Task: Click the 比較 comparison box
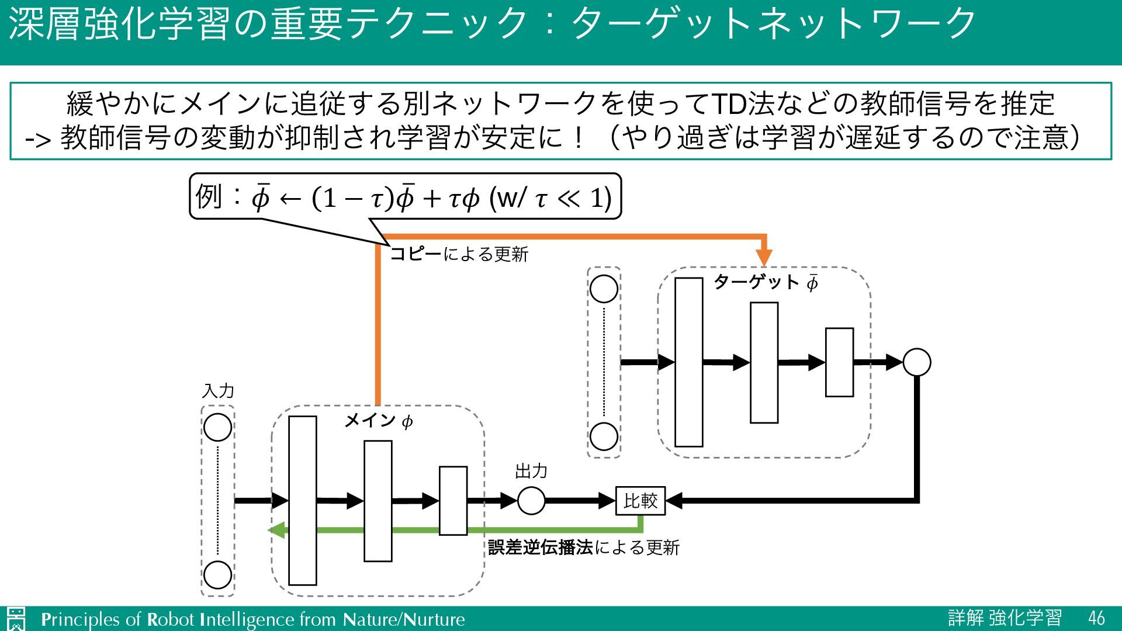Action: click(x=640, y=501)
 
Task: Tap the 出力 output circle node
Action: click(x=531, y=501)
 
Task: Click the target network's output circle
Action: click(x=916, y=362)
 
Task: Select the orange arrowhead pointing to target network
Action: click(x=764, y=257)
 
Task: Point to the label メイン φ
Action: click(x=379, y=421)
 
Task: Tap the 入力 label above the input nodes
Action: click(x=218, y=391)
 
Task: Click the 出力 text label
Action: click(x=531, y=471)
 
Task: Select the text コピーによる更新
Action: click(x=459, y=254)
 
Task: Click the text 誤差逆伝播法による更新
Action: click(x=584, y=547)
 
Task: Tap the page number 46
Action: click(x=1096, y=618)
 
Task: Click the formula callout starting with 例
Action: click(x=404, y=197)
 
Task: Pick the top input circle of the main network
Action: click(x=218, y=427)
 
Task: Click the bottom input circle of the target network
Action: click(x=604, y=436)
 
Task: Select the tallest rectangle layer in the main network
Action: click(x=303, y=500)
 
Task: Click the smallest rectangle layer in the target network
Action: click(x=839, y=362)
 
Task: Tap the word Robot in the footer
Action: click(x=170, y=619)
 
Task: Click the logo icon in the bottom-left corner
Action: click(x=16, y=619)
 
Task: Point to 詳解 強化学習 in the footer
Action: click(x=1005, y=618)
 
